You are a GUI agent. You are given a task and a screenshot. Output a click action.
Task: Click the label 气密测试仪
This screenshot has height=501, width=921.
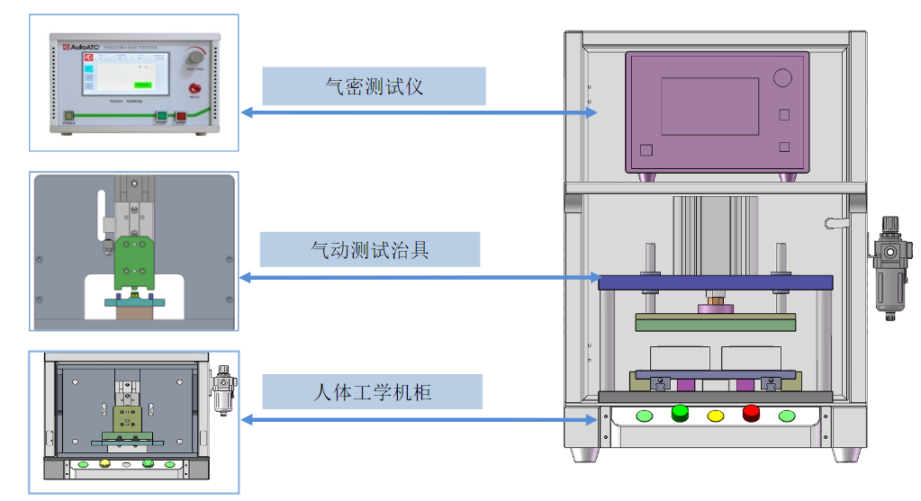(374, 86)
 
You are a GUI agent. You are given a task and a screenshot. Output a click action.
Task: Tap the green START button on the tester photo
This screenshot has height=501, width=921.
(162, 116)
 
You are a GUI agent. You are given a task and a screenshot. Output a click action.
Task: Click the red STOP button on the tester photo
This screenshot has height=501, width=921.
(180, 116)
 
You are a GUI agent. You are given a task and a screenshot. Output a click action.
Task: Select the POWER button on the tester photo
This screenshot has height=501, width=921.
(68, 116)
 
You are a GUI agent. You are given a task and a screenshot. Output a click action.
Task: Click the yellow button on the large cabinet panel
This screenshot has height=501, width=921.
(716, 416)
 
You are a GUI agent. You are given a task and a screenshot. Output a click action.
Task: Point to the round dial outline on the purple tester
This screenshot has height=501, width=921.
(782, 78)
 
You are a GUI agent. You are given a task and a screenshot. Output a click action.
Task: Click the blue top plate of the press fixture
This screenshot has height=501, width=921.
(717, 282)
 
